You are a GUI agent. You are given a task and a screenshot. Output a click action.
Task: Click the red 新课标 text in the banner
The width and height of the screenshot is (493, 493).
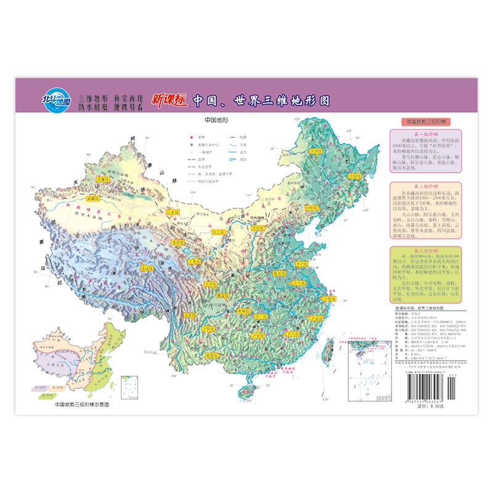[x=169, y=99]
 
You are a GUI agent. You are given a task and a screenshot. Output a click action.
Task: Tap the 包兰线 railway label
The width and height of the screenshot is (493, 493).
[x=215, y=232]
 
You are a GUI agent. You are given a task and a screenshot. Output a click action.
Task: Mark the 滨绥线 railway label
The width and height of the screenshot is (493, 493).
[x=354, y=176]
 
